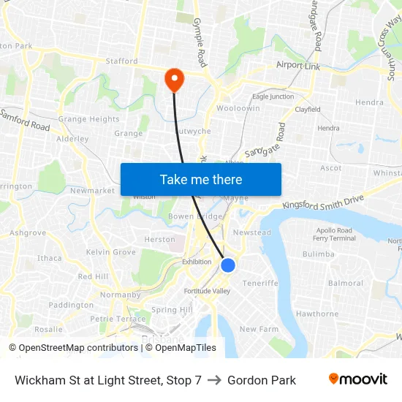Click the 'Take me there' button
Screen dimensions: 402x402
(x=200, y=179)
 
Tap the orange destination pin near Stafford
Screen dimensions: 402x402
(x=175, y=79)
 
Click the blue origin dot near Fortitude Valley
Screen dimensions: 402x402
(x=228, y=265)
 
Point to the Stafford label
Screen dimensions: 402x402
(x=121, y=61)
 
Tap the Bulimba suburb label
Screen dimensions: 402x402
(x=318, y=254)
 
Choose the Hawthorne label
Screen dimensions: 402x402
(x=317, y=314)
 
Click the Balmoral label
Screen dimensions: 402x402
(x=346, y=283)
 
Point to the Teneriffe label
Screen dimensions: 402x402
(x=260, y=283)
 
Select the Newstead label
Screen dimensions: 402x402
(x=251, y=232)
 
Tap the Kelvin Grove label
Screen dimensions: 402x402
(x=111, y=252)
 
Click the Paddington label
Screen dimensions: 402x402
(x=71, y=305)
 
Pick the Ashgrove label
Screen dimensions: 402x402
(x=28, y=232)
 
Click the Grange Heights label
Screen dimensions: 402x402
(x=88, y=119)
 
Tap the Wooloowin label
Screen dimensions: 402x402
(x=238, y=108)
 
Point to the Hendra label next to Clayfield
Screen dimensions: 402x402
(x=328, y=128)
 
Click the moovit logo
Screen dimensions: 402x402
(x=357, y=379)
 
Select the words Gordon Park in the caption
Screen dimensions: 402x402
(x=262, y=380)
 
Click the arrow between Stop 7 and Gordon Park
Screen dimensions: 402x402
(x=214, y=380)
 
